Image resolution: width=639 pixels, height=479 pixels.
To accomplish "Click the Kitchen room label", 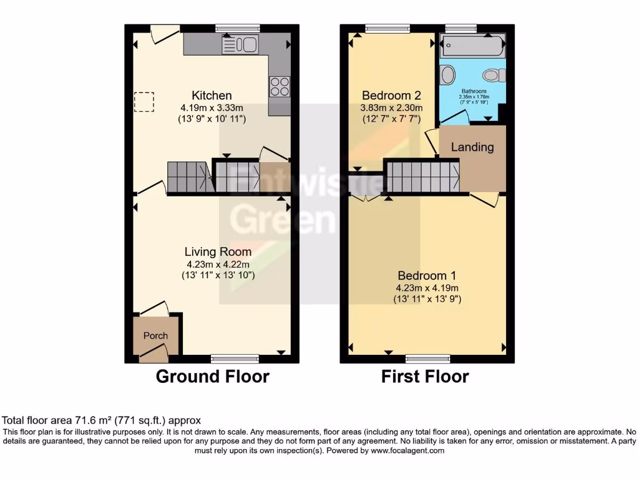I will pos(212,95).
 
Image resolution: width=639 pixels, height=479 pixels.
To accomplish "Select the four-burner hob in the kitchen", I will pos(279,86).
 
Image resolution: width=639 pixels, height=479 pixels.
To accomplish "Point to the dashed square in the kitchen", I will pos(144,102).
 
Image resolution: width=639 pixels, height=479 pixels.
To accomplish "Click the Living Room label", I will pos(218,252).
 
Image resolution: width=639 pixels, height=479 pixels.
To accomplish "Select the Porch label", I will pos(155,336).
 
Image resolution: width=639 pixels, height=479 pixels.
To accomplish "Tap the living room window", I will pos(235,358).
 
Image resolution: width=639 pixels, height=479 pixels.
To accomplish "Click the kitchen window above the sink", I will pos(238,28).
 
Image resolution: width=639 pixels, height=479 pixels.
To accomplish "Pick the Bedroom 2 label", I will pos(391,95).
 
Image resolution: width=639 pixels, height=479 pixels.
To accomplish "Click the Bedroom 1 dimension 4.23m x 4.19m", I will pos(427,288).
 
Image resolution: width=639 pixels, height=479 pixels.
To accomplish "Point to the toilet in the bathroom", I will pos(494,75).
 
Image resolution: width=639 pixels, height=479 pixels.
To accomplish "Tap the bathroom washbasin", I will pos(447,75).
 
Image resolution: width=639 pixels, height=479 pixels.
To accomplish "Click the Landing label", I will pos(472,147).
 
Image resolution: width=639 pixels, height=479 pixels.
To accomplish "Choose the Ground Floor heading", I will pos(212,377).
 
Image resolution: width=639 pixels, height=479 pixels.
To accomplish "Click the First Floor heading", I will pos(425,377).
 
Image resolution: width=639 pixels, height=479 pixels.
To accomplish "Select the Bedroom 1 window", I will pos(427,358).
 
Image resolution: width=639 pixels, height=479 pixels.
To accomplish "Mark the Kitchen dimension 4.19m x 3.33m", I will pos(212,107).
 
